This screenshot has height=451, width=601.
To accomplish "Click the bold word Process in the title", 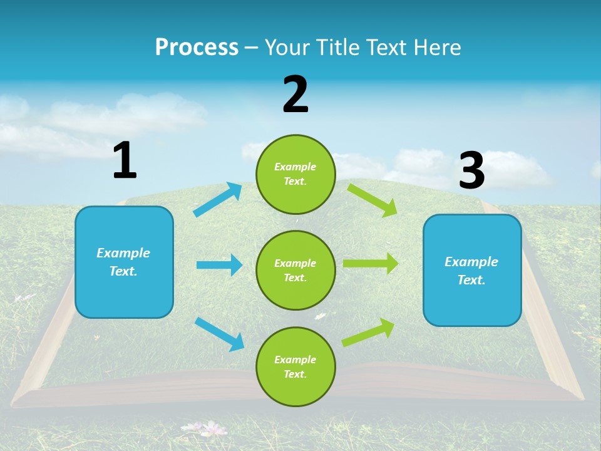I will coord(197,48).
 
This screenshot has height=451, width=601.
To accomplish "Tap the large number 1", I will coord(125,160).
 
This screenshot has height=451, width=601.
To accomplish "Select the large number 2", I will coord(295,95).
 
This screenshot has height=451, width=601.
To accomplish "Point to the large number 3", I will coord(471,171).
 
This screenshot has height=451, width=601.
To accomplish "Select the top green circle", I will coord(295,174).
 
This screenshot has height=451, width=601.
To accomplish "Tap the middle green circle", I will coord(295,270).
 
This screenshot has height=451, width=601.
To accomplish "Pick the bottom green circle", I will coord(295,366).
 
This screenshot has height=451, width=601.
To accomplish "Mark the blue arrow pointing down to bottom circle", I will coord(220,334).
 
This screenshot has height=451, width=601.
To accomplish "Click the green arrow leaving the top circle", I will coord(372,200).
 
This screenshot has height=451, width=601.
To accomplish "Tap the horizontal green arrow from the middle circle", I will coord(371,264).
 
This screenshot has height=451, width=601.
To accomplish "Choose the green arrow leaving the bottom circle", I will coord(368,333).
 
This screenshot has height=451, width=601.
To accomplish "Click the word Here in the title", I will coord(438,48).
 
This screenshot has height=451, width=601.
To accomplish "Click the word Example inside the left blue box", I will coord(123,253).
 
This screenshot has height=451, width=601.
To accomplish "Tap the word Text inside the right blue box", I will coord(471,280).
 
